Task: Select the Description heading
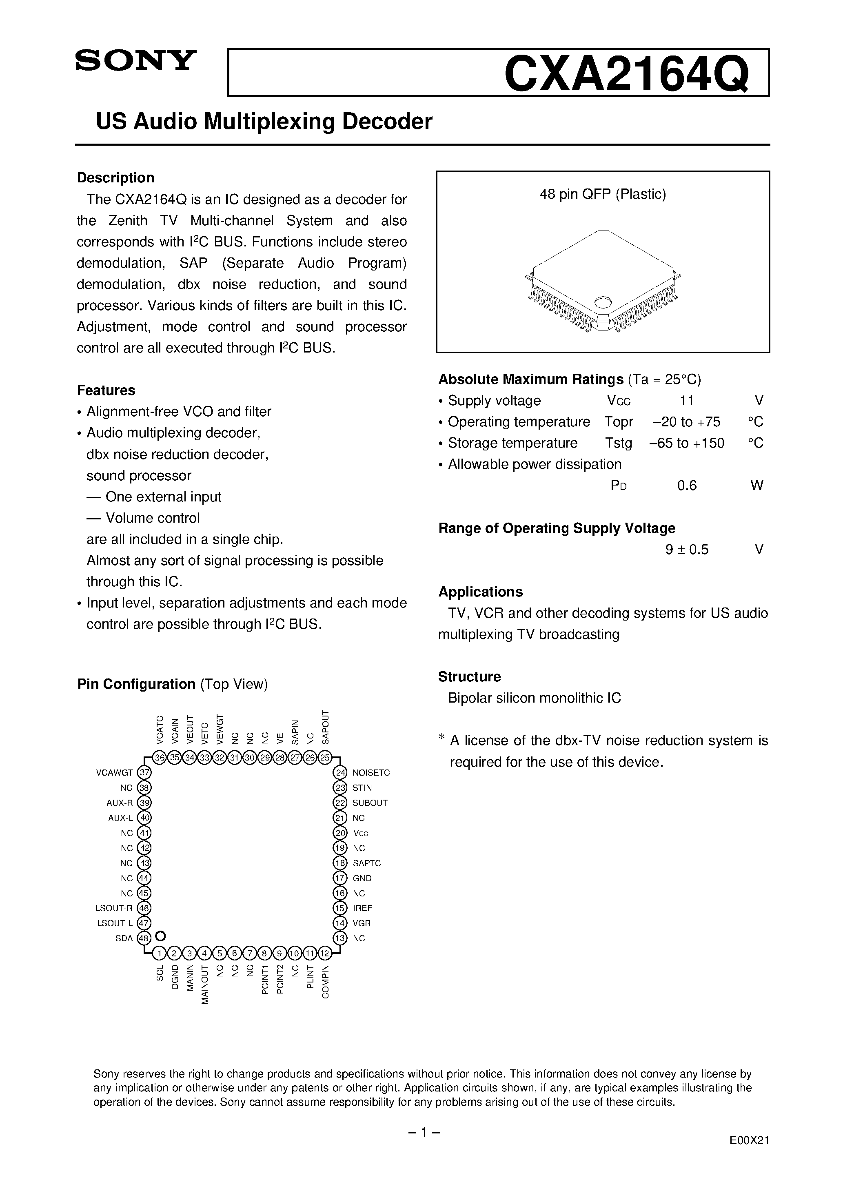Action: coord(115,178)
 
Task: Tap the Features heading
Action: coord(106,390)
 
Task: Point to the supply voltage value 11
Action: coord(687,401)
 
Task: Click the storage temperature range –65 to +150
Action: coord(687,443)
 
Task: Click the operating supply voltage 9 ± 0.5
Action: coord(687,550)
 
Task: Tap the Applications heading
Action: coord(480,592)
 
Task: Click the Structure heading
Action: coord(469,676)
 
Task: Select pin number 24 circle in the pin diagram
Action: coord(340,773)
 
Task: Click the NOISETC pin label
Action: coord(371,773)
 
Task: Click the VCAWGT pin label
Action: coord(114,773)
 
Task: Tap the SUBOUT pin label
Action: coord(370,803)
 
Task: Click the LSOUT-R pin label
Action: coord(114,908)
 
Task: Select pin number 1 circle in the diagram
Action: coord(160,954)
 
